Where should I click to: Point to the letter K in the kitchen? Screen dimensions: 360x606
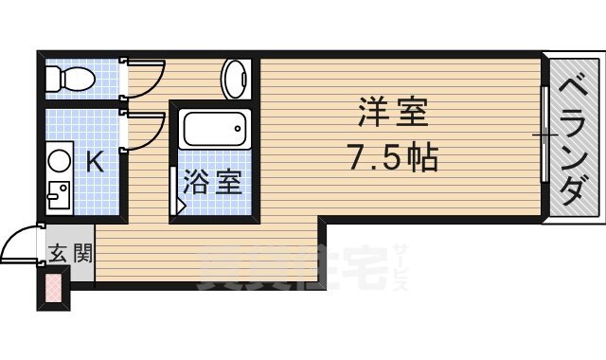point(95,162)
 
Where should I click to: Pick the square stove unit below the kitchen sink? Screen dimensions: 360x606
point(59,194)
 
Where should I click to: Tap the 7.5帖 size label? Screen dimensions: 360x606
point(392,155)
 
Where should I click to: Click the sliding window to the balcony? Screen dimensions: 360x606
point(544,137)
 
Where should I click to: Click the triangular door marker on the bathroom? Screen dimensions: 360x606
point(180,203)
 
